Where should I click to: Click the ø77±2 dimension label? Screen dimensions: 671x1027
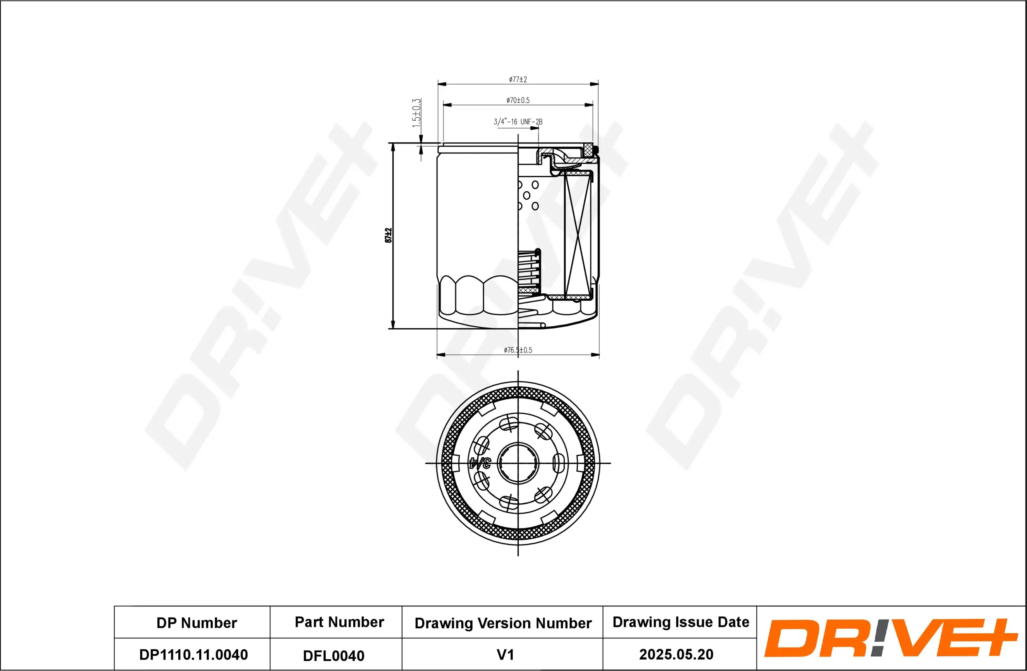pyautogui.click(x=518, y=79)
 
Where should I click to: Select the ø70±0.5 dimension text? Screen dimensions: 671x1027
pyautogui.click(x=518, y=100)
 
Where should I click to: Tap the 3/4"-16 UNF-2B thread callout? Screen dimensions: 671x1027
pyautogui.click(x=518, y=122)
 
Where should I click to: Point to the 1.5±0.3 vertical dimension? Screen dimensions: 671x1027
pyautogui.click(x=416, y=113)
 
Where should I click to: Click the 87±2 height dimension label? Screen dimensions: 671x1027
pyautogui.click(x=388, y=235)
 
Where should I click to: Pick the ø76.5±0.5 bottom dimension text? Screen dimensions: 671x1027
pyautogui.click(x=518, y=350)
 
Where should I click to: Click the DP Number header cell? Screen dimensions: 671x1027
pyautogui.click(x=196, y=623)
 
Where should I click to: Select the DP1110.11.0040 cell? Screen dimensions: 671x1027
pyautogui.click(x=193, y=655)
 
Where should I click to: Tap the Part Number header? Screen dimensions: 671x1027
pyautogui.click(x=339, y=622)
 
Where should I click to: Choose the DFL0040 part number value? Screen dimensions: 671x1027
pyautogui.click(x=334, y=655)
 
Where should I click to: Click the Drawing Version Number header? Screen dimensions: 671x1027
pyautogui.click(x=503, y=623)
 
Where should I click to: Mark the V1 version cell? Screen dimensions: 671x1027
pyautogui.click(x=505, y=655)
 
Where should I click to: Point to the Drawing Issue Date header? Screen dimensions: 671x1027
pyautogui.click(x=681, y=622)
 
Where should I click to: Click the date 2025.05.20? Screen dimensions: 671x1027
pyautogui.click(x=676, y=654)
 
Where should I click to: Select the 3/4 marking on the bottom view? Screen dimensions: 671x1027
pyautogui.click(x=480, y=463)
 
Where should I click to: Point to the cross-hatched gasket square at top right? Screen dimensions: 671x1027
pyautogui.click(x=587, y=150)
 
